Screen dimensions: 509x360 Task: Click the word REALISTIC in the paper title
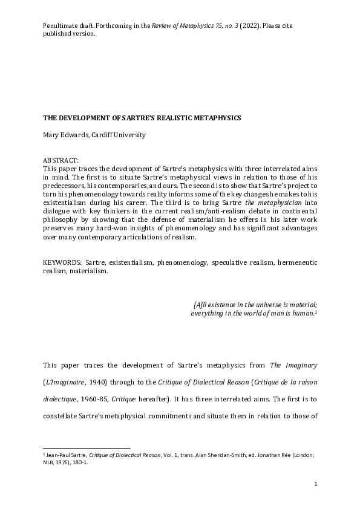coord(170,117)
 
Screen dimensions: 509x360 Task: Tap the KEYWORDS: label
coord(63,263)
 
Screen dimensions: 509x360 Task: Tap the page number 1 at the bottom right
coord(315,485)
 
